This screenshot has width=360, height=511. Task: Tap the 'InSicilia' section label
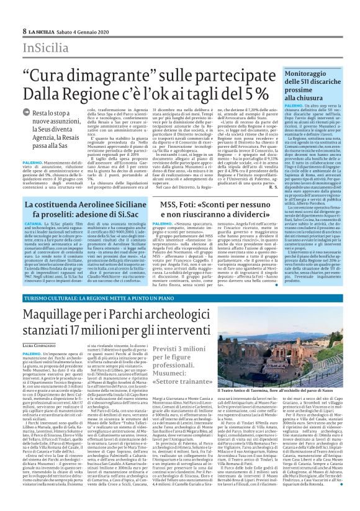pyautogui.click(x=44, y=47)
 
